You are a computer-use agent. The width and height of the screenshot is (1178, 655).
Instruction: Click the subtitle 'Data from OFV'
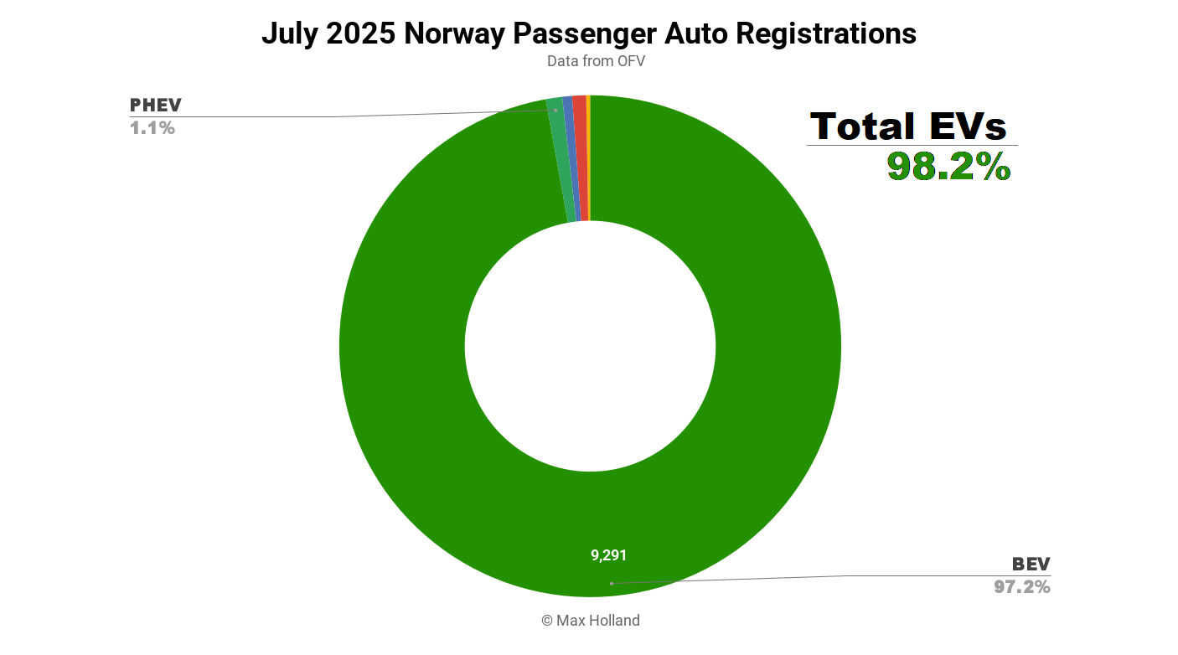point(596,61)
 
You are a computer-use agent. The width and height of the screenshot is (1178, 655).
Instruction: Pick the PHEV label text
point(155,106)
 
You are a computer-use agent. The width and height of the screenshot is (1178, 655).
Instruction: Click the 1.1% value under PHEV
point(152,128)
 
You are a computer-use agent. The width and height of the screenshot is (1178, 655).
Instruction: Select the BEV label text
point(1031,564)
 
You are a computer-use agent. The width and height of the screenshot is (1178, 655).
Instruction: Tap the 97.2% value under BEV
point(1022,587)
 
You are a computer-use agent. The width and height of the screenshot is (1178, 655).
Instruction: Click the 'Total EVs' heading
point(909,126)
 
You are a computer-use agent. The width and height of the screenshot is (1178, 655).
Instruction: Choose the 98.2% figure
point(949,167)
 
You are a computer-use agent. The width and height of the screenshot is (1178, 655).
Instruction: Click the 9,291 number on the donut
point(609,555)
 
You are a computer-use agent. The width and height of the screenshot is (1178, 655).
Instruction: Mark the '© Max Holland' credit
point(590,621)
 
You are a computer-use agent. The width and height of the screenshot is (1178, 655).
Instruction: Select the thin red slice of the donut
point(580,159)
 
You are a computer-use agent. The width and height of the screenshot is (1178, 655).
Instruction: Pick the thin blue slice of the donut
point(571,159)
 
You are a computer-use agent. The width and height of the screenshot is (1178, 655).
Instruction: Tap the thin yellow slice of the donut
point(588,159)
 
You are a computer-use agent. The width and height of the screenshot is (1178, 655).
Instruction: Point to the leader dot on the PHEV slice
point(555,110)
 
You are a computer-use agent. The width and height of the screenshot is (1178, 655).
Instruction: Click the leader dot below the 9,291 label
point(611,583)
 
